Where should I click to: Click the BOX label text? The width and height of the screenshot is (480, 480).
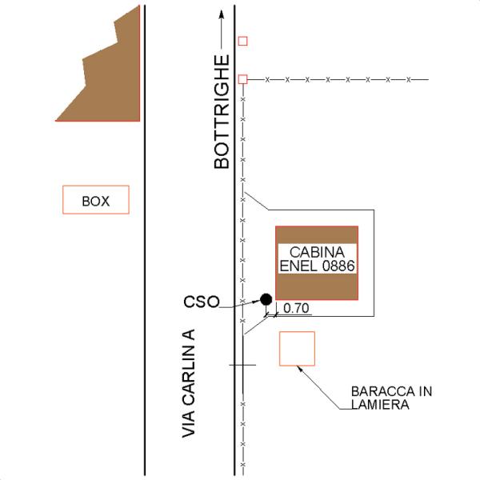(96, 201)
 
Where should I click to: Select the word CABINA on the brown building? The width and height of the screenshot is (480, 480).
(317, 252)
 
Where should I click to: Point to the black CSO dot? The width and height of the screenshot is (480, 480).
(266, 299)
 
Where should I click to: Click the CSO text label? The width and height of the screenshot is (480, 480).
(202, 302)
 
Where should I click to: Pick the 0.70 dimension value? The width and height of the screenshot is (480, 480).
(296, 308)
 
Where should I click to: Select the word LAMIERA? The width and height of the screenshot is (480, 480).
(380, 404)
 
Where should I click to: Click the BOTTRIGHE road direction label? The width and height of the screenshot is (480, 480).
(222, 112)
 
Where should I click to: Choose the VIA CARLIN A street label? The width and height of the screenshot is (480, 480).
(188, 383)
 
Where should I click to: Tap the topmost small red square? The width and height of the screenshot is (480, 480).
(242, 41)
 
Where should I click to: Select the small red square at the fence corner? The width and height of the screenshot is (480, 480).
(242, 79)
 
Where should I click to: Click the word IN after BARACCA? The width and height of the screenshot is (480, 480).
(426, 391)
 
